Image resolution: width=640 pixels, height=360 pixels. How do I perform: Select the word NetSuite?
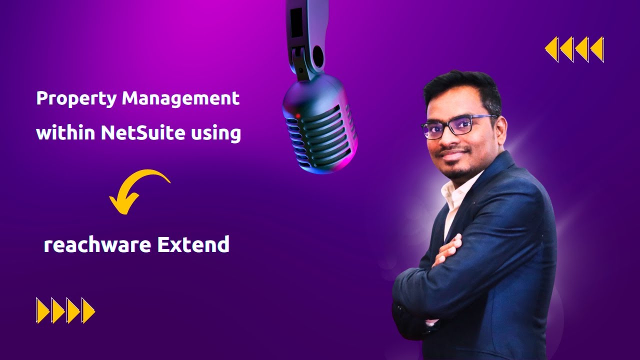click(134, 133)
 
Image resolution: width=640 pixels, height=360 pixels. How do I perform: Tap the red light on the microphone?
click(297, 116)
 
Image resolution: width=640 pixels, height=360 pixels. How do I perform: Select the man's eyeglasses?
click(457, 125)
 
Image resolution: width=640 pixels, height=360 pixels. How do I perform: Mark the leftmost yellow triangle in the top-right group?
click(551, 49)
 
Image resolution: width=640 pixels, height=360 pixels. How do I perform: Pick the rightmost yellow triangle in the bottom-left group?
click(88, 310)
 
